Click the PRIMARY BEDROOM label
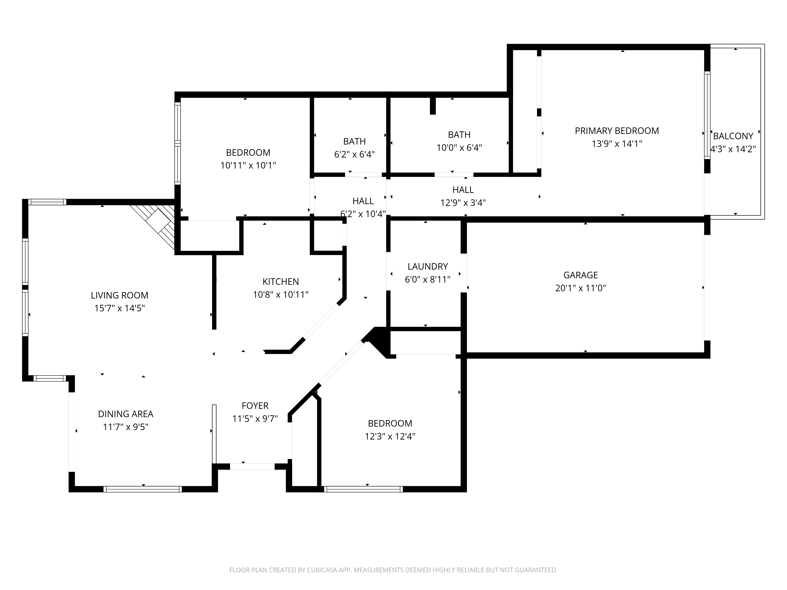tap(617, 131)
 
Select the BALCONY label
tap(733, 136)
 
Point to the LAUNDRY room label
tap(428, 266)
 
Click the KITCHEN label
tap(281, 282)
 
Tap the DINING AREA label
tap(126, 414)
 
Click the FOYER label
tap(255, 406)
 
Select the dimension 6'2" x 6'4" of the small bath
tap(354, 154)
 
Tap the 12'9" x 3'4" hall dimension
tap(463, 203)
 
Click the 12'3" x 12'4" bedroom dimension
tap(390, 436)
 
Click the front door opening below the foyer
tap(252, 467)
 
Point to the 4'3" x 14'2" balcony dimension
tap(733, 149)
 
